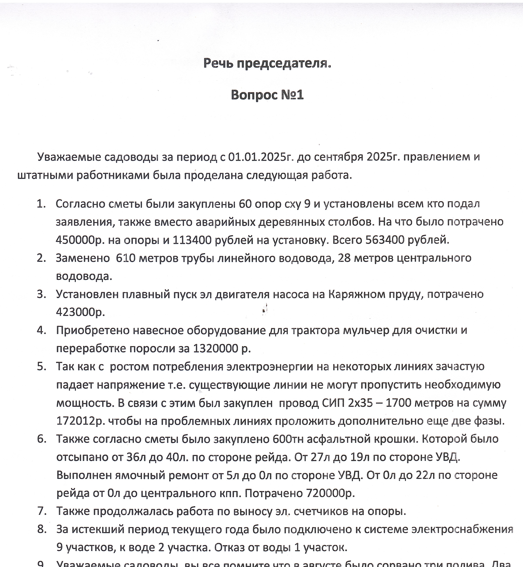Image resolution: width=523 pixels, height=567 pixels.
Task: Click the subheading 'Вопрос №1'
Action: pos(267,95)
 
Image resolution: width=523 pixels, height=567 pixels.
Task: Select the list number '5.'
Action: pos(41,367)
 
